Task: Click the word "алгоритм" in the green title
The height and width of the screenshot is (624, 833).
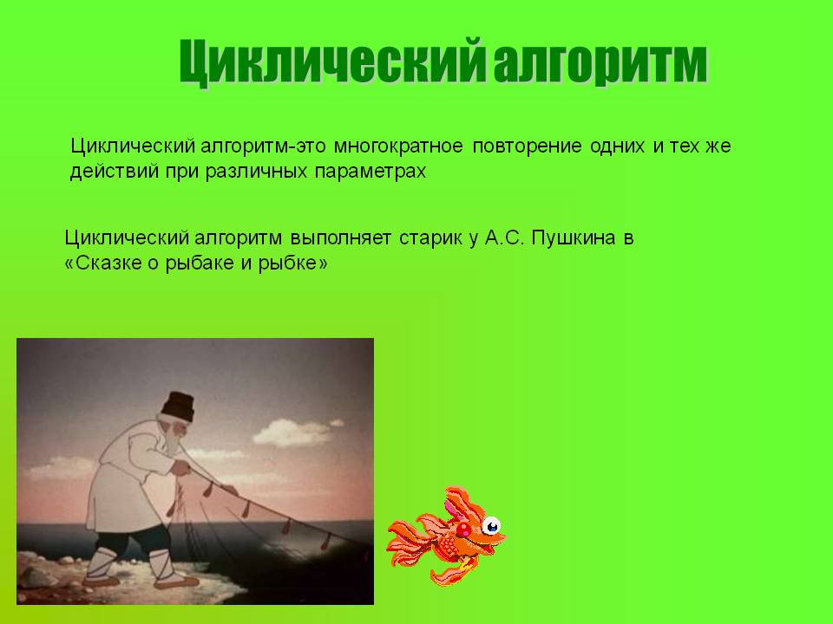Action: coord(600,62)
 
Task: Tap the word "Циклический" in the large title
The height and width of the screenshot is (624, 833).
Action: coord(332,62)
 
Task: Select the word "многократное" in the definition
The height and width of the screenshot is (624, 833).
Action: coord(398,146)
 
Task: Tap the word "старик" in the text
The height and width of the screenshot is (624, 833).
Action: coord(430,238)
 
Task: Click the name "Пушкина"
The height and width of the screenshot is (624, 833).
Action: coord(574,237)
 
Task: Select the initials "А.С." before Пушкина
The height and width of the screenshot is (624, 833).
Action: coord(505,237)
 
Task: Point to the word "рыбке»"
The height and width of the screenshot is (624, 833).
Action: coord(292,263)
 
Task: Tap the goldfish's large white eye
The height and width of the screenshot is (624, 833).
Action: coord(491,526)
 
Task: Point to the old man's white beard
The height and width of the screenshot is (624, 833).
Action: coord(173,438)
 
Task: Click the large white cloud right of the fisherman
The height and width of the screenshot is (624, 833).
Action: coord(293,432)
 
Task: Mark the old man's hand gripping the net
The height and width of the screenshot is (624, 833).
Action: coord(182,468)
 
